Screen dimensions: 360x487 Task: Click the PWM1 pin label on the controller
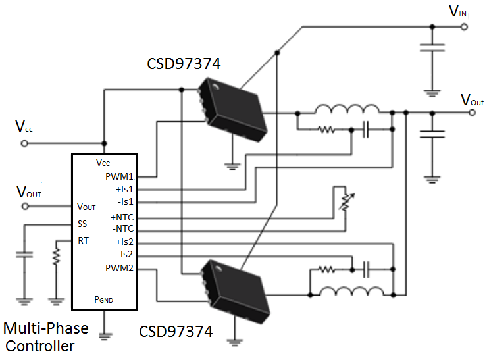(119, 176)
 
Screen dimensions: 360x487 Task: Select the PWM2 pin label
(119, 268)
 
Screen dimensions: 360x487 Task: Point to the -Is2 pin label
(124, 255)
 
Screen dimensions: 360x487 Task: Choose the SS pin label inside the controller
(82, 224)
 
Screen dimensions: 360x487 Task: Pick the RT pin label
(82, 240)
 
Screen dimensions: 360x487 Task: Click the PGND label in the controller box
(103, 299)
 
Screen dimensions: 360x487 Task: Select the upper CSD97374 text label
(183, 65)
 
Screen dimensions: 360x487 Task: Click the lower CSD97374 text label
(176, 332)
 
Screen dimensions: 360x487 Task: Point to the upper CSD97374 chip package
(233, 108)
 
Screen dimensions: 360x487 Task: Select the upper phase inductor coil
(347, 109)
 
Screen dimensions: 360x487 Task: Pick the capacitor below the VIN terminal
(432, 47)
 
